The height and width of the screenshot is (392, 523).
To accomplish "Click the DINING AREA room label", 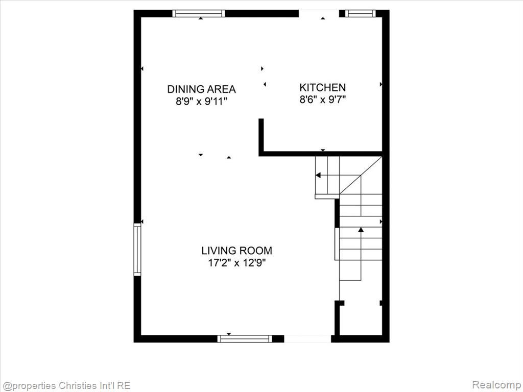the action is coord(201,89).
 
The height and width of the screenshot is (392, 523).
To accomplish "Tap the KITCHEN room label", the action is coord(323,87).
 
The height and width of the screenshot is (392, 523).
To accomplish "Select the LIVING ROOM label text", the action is coord(237,250).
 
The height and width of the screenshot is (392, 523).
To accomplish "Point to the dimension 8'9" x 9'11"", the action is coord(201,101).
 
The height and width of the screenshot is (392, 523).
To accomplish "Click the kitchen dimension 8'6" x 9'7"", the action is coord(323,100).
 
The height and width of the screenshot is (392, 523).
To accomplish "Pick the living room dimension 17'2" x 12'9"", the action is coord(237,263).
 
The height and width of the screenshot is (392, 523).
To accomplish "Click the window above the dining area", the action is coord(199,13).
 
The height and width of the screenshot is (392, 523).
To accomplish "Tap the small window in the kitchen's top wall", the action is coord(360,13).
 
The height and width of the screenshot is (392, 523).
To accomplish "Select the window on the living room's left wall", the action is coord(137,249).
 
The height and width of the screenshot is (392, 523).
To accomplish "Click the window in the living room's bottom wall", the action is coord(245,339).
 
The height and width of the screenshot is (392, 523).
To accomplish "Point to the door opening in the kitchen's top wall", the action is coord(319,13).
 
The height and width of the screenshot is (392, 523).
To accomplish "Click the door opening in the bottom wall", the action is coord(307,339).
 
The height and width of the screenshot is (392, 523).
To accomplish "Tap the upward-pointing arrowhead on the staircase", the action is coord(361,229).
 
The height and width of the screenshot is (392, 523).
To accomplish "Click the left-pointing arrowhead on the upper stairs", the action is coord(318,175).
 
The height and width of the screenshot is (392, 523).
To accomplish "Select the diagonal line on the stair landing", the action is coord(361,176).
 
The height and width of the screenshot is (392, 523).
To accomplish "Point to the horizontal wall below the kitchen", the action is coord(320,154).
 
